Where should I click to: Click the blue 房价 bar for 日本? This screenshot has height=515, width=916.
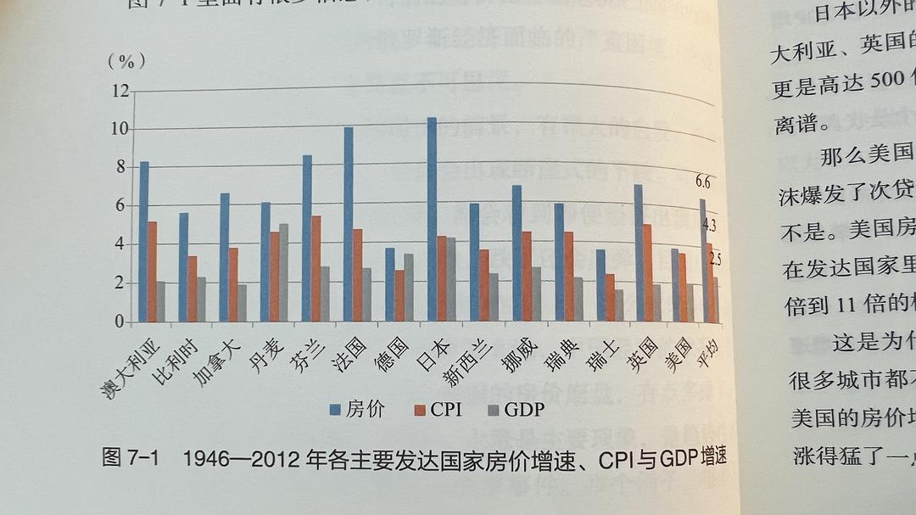click(432, 220)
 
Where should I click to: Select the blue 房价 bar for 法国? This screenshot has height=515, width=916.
click(349, 225)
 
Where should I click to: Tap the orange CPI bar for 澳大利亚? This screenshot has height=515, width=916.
click(152, 271)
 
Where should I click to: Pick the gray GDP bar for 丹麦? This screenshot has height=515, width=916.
click(283, 272)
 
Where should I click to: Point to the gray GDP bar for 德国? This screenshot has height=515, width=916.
click(408, 288)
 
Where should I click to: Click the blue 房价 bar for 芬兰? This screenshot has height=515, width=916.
click(307, 238)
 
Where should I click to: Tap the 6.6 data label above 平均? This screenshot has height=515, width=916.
click(703, 182)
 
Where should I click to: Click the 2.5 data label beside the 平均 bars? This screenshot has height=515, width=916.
click(715, 259)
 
